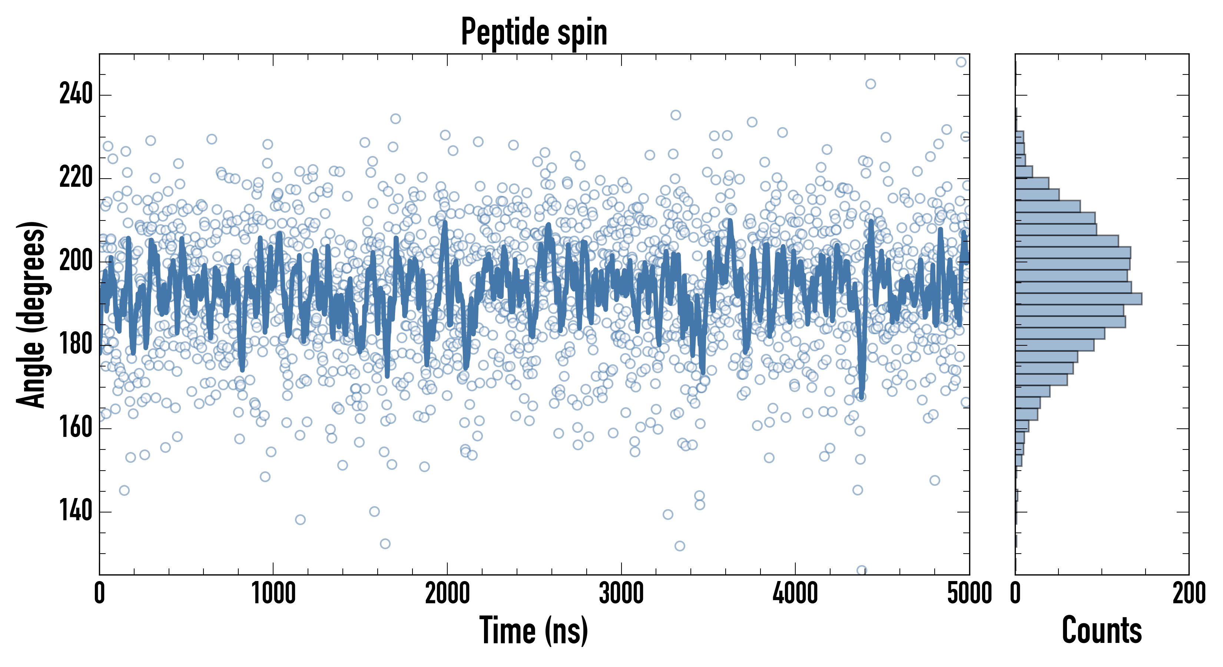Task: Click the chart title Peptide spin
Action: pos(534,32)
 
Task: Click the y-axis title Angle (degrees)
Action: pos(32,314)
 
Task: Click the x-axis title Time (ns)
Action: pos(534,630)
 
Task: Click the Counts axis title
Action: pos(1101,630)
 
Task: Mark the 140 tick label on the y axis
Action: pos(76,511)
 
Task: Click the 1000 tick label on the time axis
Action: pos(273,593)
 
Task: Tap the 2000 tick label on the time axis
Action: pos(447,593)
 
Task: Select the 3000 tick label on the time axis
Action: pos(621,593)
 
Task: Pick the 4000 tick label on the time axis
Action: pos(795,593)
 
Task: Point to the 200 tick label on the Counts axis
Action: pos(1189,593)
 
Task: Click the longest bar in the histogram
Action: pos(1078,299)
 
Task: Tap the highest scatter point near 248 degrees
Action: pos(961,62)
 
